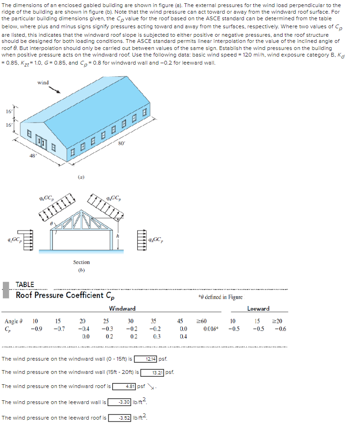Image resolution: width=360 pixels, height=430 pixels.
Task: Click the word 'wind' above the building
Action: tap(43, 83)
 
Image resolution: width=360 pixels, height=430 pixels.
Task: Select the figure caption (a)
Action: tap(81, 177)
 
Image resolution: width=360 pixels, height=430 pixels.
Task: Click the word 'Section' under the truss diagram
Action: tap(81, 262)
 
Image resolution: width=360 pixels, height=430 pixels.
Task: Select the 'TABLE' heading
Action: tap(25, 284)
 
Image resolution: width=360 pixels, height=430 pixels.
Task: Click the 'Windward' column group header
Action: tap(122, 308)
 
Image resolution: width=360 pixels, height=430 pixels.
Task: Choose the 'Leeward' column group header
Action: tap(258, 308)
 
